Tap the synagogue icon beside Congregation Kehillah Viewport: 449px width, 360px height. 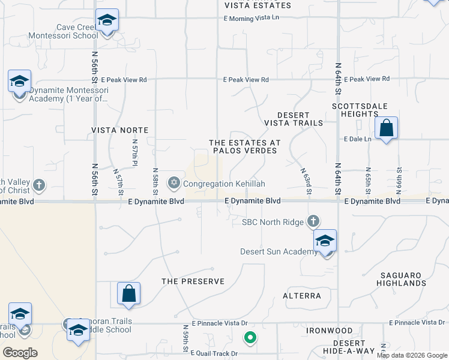[x=174, y=182]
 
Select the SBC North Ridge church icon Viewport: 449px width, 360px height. [x=313, y=222]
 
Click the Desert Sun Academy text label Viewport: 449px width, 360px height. [x=279, y=251]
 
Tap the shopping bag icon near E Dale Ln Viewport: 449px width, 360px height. [x=387, y=128]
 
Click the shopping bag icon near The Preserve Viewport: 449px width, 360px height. [x=128, y=293]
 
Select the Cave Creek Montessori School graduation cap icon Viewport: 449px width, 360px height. [x=107, y=20]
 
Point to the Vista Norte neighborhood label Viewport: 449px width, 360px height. [x=119, y=130]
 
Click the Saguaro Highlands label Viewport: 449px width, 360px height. [x=402, y=279]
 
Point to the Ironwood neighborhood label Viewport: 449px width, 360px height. [x=330, y=331]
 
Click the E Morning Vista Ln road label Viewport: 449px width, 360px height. [x=252, y=17]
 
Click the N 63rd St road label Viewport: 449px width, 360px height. [x=307, y=181]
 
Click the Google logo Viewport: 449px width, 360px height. [x=20, y=352]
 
